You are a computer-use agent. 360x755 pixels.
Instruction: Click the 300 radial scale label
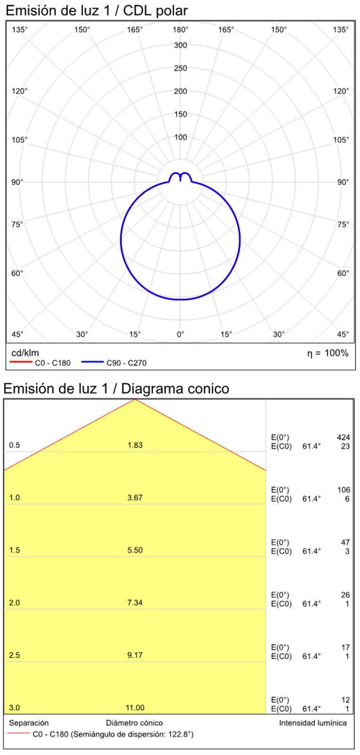[x=180, y=45]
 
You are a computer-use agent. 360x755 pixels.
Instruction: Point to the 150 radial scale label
[x=180, y=114]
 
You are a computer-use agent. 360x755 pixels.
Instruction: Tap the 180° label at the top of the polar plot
[x=180, y=30]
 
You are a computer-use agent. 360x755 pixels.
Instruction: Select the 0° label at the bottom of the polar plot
[x=180, y=334]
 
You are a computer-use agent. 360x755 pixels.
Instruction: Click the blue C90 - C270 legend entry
[x=114, y=363]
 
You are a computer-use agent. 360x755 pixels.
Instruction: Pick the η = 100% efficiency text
[x=328, y=353]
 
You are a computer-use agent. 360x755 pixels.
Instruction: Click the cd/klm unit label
[x=25, y=353]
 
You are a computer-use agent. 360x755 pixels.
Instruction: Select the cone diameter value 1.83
[x=135, y=445]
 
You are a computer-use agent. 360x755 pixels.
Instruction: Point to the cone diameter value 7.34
[x=135, y=602]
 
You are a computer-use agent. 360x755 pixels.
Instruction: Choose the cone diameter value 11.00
[x=135, y=707]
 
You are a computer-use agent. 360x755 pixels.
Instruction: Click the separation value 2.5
[x=15, y=655]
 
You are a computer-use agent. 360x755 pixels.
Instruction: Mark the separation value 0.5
[x=15, y=445]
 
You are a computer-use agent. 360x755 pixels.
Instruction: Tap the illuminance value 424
[x=344, y=438]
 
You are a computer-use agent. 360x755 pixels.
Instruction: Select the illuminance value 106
[x=344, y=490]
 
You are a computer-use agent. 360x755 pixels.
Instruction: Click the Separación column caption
[x=29, y=723]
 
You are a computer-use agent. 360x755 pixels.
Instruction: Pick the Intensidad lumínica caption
[x=312, y=723]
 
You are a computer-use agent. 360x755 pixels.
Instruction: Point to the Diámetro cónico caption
[x=134, y=723]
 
